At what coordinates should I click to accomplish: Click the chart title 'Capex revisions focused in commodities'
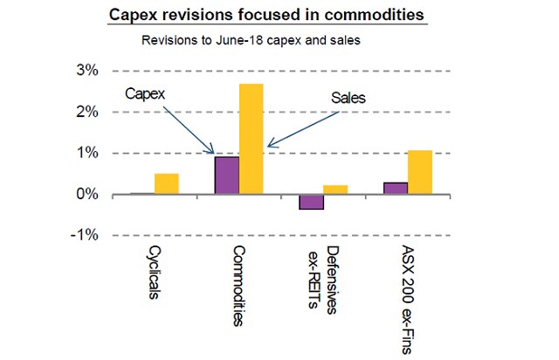(279, 16)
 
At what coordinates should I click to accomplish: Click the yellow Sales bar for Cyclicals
(167, 183)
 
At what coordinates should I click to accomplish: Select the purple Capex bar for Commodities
(227, 176)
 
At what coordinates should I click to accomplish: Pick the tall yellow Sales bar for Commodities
(251, 139)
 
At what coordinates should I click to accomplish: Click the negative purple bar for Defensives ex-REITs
(312, 202)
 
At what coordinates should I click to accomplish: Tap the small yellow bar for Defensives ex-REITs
(335, 190)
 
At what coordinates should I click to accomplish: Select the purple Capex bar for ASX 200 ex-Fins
(396, 188)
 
